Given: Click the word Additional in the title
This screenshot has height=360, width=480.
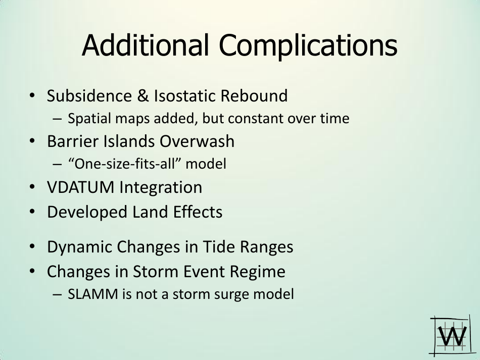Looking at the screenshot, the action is pos(146,45).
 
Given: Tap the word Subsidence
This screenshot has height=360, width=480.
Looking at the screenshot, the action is pos(89,95).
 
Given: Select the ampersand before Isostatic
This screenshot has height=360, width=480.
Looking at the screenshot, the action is pos(143,95).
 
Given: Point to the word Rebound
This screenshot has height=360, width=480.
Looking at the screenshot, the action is pos(254,95).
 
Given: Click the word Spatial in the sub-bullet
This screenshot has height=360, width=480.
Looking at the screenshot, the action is pos(89,119).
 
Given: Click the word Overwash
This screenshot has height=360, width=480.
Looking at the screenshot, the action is pos(197,141).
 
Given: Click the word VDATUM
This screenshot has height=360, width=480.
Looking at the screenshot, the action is pos(80,187).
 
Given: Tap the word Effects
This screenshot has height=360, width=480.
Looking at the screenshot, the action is pos(198,212).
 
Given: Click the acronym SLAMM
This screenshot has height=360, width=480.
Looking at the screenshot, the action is pos(93,294).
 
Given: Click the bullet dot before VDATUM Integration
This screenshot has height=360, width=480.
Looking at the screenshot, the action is pos(32,187).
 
